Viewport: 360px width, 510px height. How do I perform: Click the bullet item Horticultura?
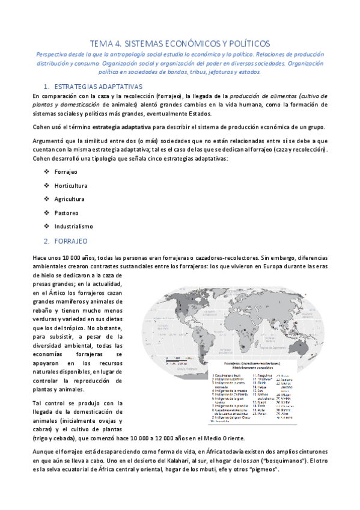[70, 185]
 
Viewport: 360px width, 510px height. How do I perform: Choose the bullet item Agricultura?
[69, 198]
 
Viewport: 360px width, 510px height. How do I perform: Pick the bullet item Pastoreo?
[66, 212]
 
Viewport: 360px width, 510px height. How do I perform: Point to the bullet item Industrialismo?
[73, 226]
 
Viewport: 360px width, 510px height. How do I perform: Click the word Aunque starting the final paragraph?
[44, 453]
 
